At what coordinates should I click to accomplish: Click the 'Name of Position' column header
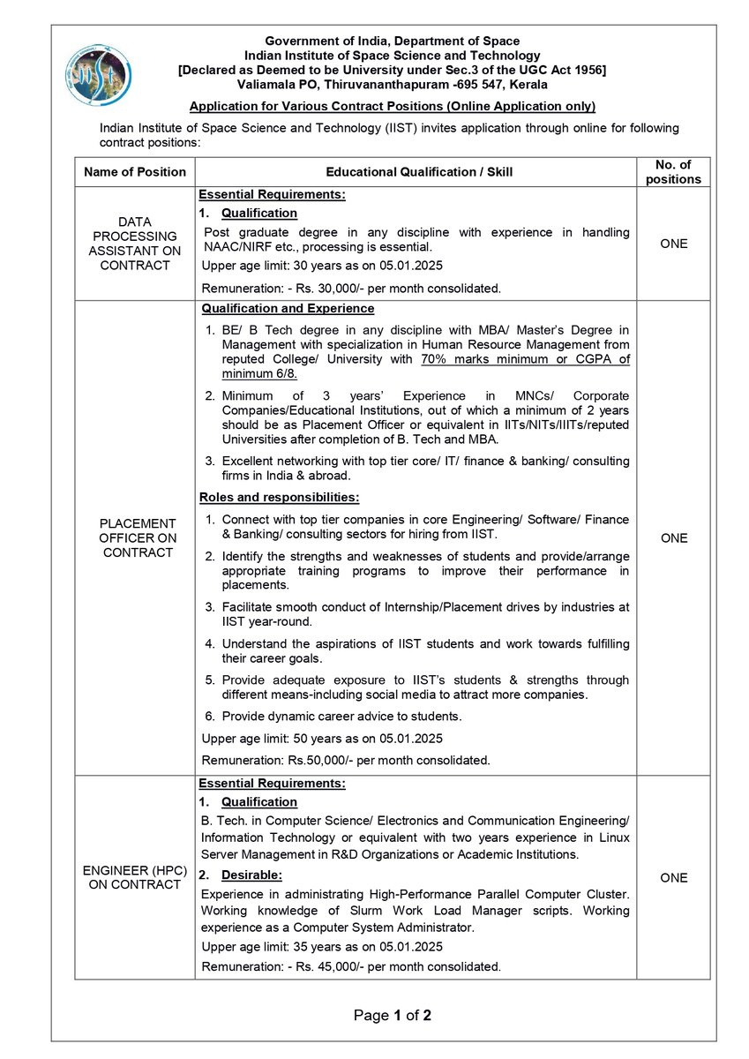pyautogui.click(x=135, y=172)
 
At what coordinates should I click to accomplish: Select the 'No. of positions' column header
pyautogui.click(x=673, y=172)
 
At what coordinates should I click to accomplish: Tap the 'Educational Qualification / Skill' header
pyautogui.click(x=419, y=172)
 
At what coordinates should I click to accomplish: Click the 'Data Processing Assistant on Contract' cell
pyautogui.click(x=135, y=244)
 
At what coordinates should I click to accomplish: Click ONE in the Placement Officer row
pyautogui.click(x=673, y=537)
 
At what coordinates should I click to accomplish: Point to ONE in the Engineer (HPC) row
pyautogui.click(x=673, y=877)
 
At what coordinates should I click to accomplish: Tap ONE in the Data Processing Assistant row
pyautogui.click(x=673, y=244)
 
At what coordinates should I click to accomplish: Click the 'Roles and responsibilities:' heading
pyautogui.click(x=279, y=497)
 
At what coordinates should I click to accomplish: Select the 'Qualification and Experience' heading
pyautogui.click(x=288, y=309)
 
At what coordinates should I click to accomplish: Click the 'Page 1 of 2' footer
pyautogui.click(x=392, y=1016)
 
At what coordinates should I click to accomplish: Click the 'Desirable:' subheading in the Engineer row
pyautogui.click(x=251, y=875)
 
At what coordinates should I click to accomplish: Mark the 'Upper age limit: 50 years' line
pyautogui.click(x=322, y=738)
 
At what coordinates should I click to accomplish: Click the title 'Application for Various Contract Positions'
pyautogui.click(x=393, y=107)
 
